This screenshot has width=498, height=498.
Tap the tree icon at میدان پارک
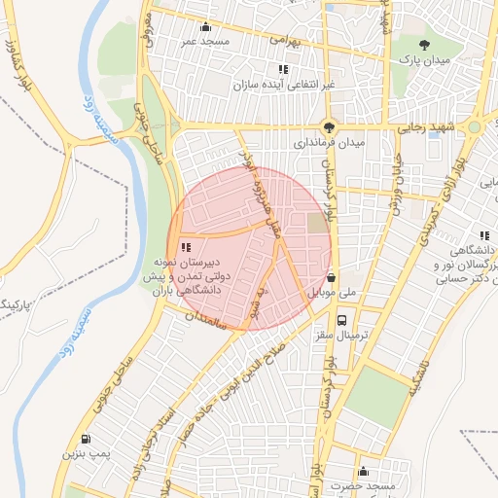coord(423,45)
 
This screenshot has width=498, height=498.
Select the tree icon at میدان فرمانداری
coord(330,126)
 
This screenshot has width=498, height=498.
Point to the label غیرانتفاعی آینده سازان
coord(283,85)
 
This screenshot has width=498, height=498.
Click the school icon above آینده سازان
coord(283,69)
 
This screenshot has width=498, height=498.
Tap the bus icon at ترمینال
coord(341,320)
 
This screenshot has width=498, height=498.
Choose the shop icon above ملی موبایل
coord(333,275)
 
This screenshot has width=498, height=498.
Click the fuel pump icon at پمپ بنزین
coord(89,438)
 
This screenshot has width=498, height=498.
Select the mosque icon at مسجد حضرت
coord(363,471)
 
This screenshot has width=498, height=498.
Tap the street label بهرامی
coord(286,43)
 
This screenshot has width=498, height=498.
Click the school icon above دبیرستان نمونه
coord(186,248)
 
